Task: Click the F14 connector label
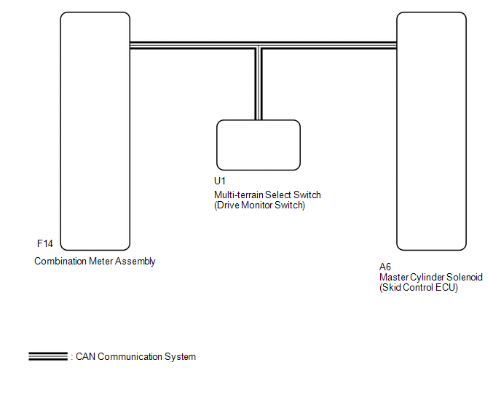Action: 45,243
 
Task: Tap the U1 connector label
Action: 220,181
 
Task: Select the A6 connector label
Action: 385,267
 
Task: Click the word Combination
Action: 60,262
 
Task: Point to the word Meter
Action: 100,262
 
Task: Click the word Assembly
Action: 135,262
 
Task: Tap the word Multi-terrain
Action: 238,195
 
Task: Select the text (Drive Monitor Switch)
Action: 259,205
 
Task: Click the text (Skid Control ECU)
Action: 419,288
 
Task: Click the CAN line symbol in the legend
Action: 48,356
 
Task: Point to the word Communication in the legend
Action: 130,356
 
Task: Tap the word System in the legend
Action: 180,357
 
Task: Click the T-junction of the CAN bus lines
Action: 259,45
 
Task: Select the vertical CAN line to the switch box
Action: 259,83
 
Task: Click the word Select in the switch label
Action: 278,195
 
